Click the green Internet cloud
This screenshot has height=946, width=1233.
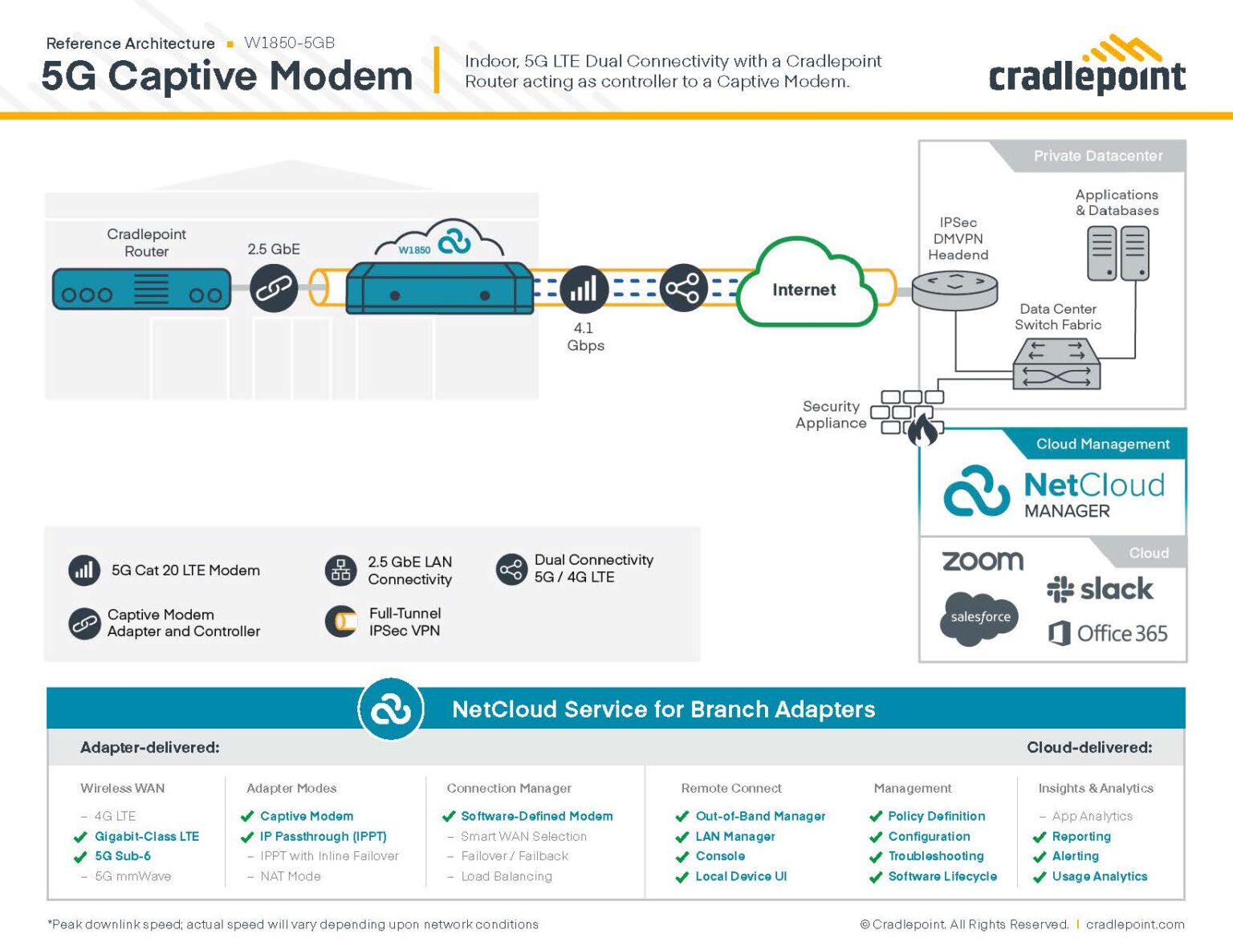pyautogui.click(x=805, y=290)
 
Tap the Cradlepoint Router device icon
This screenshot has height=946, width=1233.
pyautogui.click(x=141, y=290)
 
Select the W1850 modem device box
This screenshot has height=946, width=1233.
pyautogui.click(x=440, y=288)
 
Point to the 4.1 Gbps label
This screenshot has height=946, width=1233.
pyautogui.click(x=584, y=336)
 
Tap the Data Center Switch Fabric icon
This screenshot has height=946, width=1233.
pyautogui.click(x=1056, y=363)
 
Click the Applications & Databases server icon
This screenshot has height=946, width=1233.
pyautogui.click(x=1117, y=253)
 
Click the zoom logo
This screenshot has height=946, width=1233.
pyautogui.click(x=982, y=560)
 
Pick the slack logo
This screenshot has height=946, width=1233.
pyautogui.click(x=1100, y=589)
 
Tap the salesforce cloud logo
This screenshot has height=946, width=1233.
pyautogui.click(x=979, y=617)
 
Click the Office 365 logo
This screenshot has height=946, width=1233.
pyautogui.click(x=1108, y=633)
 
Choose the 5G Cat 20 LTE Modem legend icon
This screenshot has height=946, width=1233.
pyautogui.click(x=84, y=570)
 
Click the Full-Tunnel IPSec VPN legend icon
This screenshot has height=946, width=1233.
pyautogui.click(x=341, y=621)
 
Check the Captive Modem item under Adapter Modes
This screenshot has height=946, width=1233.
pyautogui.click(x=306, y=816)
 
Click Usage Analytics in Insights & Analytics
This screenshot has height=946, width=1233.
pyautogui.click(x=1099, y=876)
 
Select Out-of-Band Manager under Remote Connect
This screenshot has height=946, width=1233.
pyautogui.click(x=759, y=816)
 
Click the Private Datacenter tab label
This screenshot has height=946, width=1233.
pyautogui.click(x=1097, y=156)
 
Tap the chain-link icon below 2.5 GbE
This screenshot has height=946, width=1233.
pyautogui.click(x=274, y=289)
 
